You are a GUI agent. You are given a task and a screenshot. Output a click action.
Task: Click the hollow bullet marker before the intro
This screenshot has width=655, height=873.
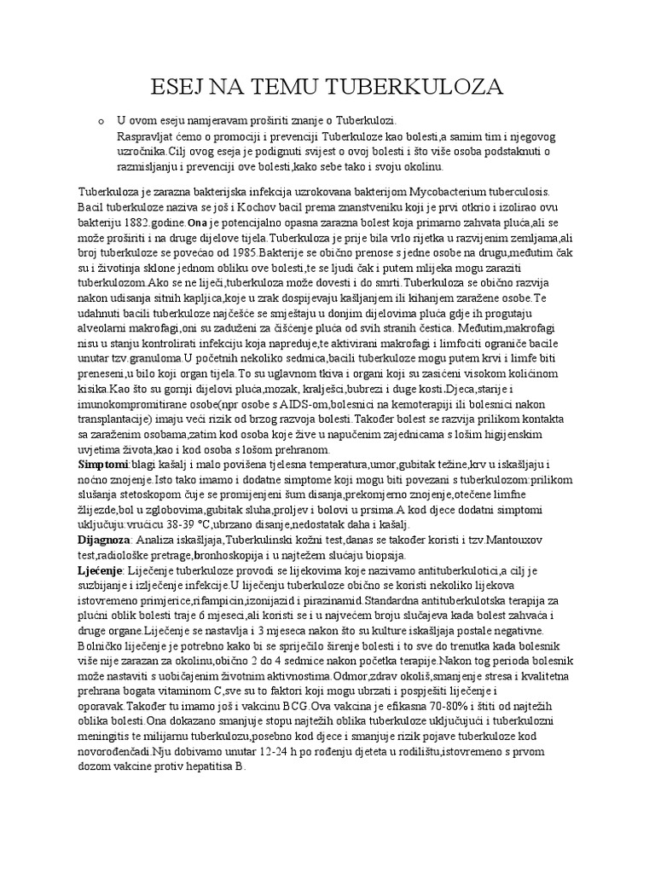click(x=100, y=122)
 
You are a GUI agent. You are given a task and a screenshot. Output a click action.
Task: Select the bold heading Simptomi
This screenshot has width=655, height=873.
click(x=103, y=465)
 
